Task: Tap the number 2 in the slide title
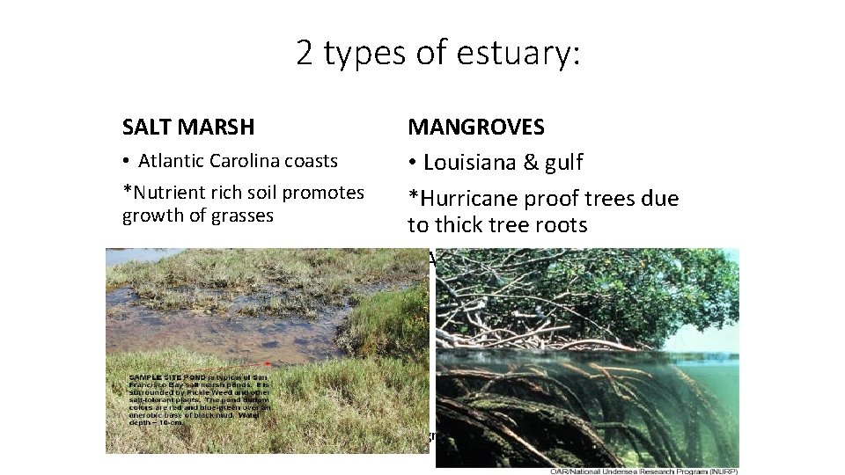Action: click(x=305, y=54)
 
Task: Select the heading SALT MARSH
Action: click(x=188, y=128)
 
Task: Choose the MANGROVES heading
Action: click(x=475, y=128)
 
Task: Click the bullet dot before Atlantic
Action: click(x=128, y=162)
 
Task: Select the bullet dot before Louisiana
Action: click(x=412, y=164)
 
